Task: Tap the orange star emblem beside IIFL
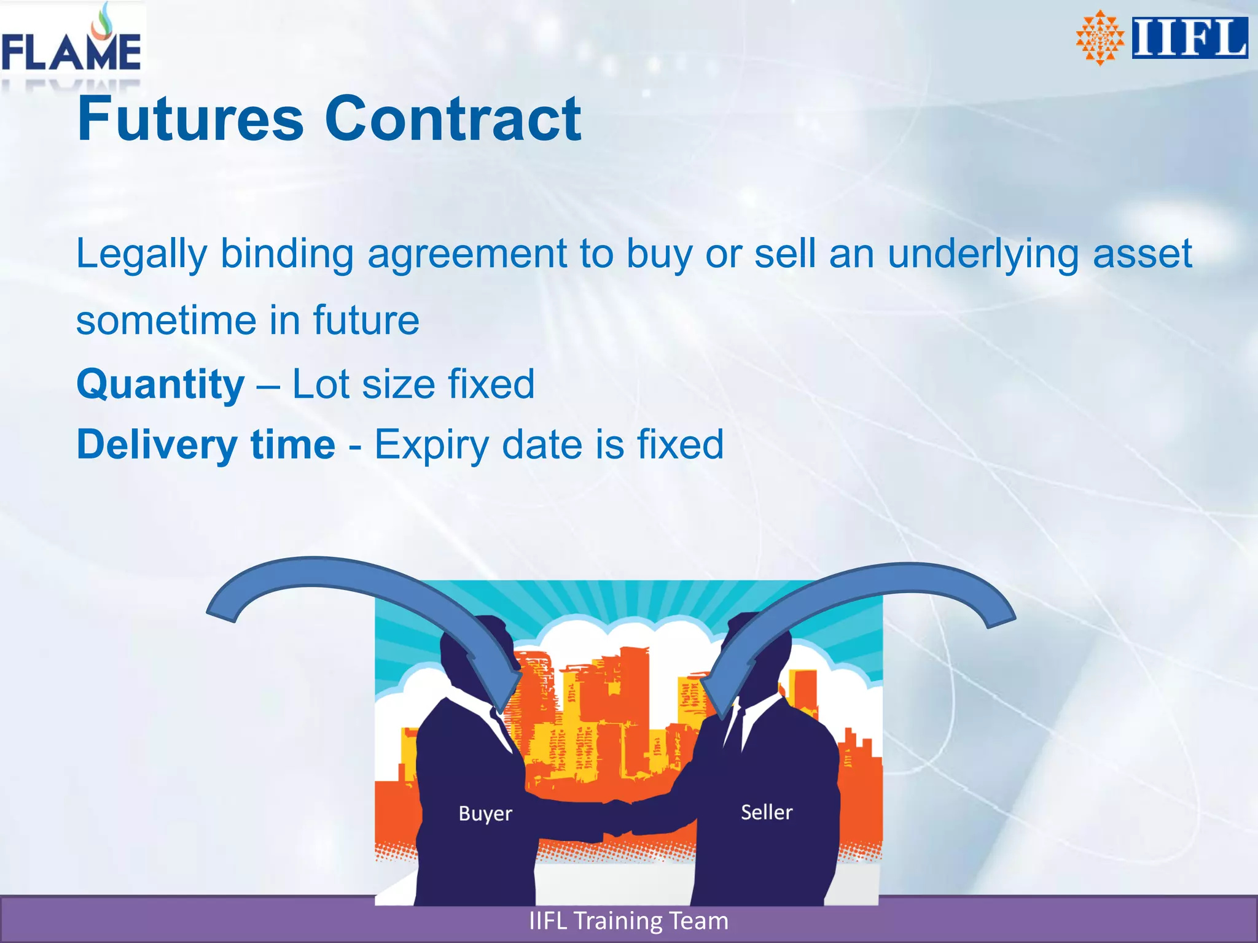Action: click(x=1100, y=38)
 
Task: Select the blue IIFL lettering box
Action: click(x=1190, y=38)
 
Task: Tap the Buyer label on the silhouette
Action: click(x=485, y=813)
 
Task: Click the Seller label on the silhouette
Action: click(x=767, y=812)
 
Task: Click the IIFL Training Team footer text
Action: click(x=628, y=921)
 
